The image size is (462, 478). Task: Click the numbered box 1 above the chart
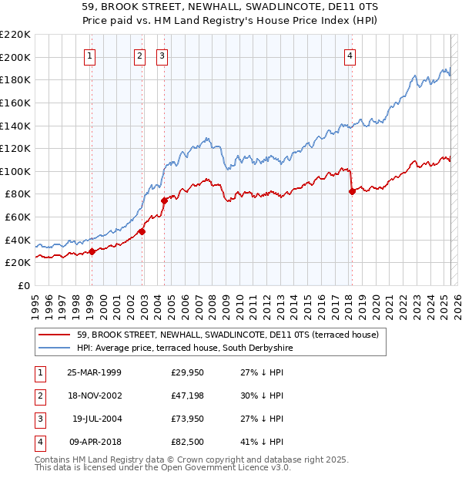91,56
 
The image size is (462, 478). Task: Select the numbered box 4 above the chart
350,56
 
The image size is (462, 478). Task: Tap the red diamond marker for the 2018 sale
352,192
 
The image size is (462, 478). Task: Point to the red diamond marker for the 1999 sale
92,251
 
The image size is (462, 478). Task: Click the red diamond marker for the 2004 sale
164,200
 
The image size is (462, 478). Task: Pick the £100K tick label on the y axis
15,171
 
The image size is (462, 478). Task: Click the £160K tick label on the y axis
15,103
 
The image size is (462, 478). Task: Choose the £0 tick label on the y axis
24,285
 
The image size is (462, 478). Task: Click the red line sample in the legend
55,335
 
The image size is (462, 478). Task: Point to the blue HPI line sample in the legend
55,348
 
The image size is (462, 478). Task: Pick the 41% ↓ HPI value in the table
263,442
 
